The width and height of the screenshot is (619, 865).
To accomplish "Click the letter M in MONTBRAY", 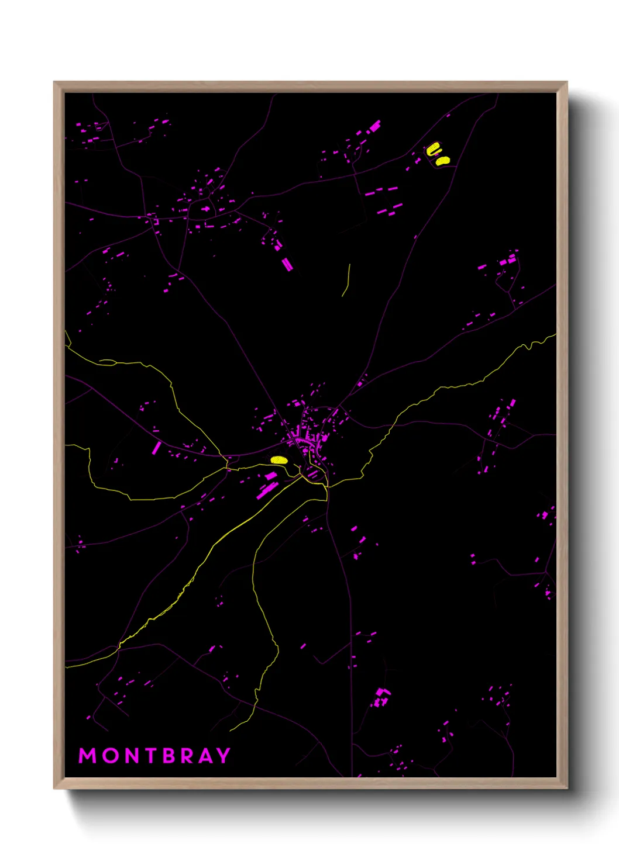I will click(87, 756).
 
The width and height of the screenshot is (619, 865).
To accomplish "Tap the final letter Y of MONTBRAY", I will click(223, 756).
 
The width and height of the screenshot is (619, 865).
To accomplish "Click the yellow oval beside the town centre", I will click(279, 460).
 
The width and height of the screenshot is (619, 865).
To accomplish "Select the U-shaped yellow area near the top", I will click(432, 149).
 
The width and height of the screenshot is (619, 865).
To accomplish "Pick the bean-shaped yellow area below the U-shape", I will click(442, 160).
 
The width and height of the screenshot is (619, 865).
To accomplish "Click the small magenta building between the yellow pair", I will click(436, 155).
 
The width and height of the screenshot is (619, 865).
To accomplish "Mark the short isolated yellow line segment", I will click(346, 279).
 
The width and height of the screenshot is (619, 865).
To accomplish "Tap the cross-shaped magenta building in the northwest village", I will click(205, 209).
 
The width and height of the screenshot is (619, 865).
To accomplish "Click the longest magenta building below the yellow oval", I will click(267, 491).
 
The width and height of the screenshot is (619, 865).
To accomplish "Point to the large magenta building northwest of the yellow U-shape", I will click(374, 126).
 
